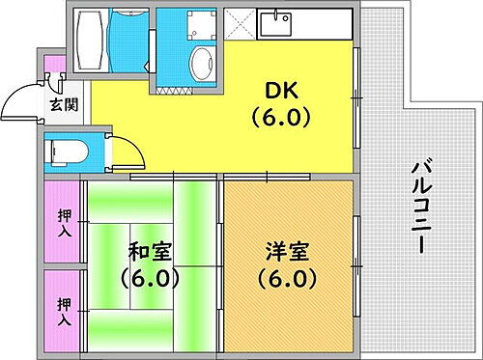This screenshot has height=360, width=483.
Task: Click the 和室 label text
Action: (152, 253)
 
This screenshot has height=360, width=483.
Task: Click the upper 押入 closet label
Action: (65, 221)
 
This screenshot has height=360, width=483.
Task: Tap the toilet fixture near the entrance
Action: (67, 152)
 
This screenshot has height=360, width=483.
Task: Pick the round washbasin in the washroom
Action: (201, 65)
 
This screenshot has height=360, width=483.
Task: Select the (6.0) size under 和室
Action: (152, 280)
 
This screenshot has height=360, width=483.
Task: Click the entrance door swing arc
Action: (19, 97)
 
